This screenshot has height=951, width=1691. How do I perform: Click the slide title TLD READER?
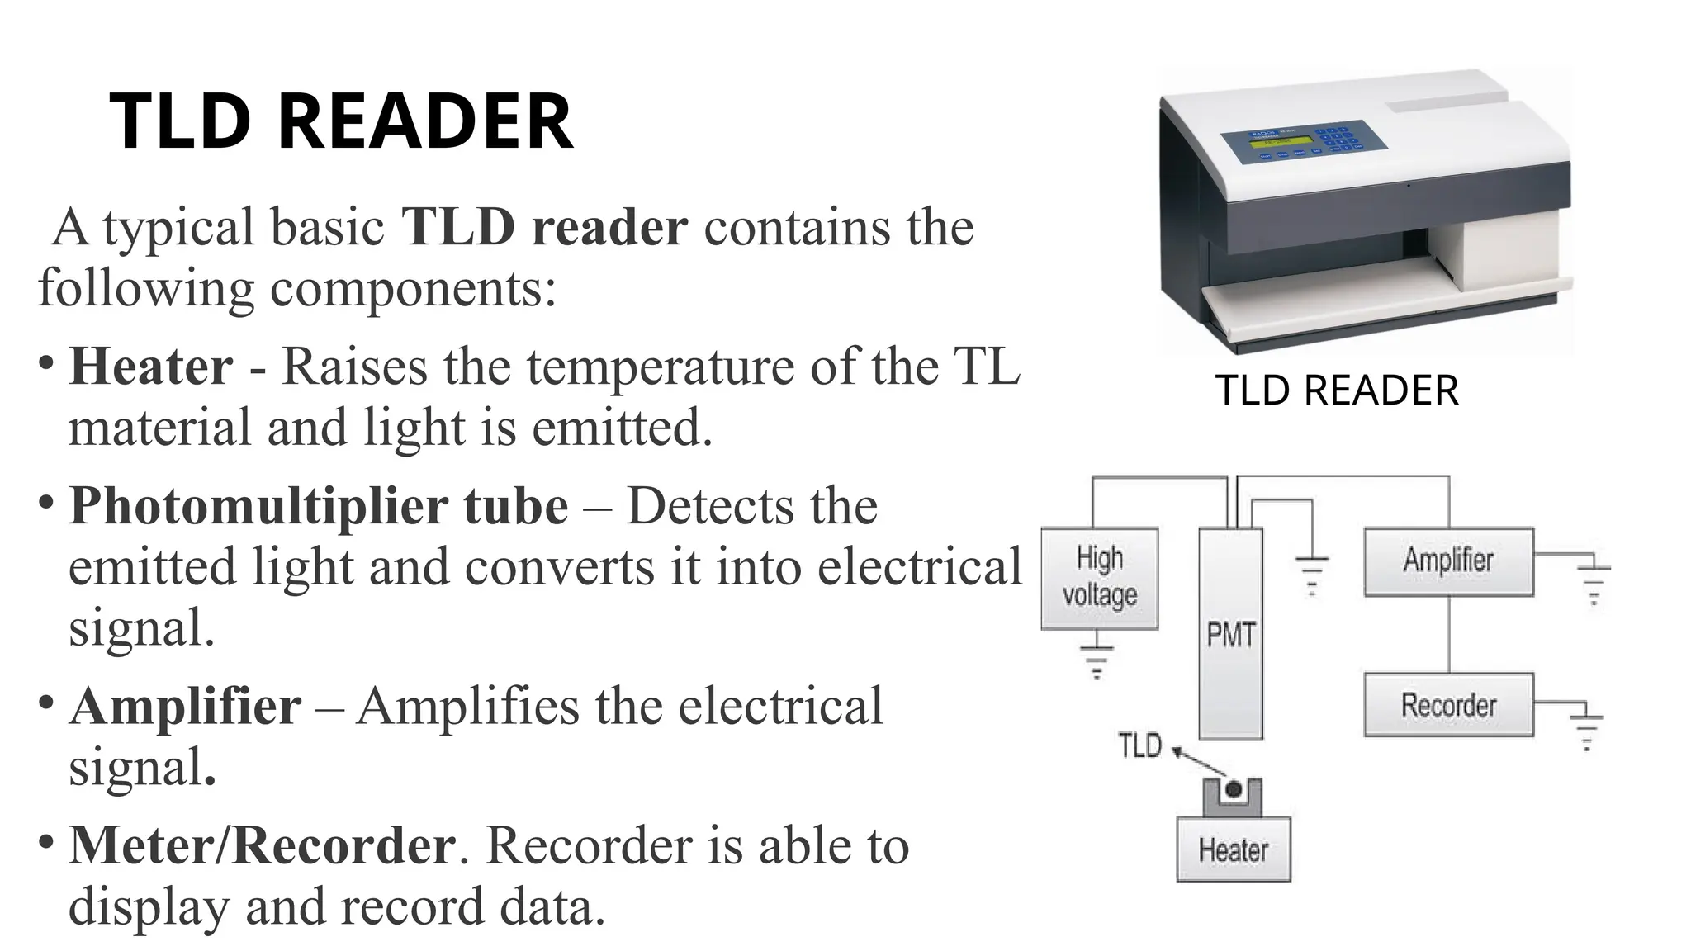(340, 122)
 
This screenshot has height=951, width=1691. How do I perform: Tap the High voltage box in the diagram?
(1099, 578)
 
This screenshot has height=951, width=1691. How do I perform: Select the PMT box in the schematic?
(1230, 634)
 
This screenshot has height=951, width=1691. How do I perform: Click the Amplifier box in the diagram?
(1448, 561)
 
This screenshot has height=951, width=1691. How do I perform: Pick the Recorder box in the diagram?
(1448, 705)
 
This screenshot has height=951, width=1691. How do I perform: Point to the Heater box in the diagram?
(1233, 850)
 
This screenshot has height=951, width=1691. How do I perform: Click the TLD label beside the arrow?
(1139, 745)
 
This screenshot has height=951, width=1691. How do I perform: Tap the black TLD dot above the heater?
(1234, 789)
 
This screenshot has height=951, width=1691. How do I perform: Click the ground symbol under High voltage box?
(1097, 659)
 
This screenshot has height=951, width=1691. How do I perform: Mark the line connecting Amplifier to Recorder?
(1449, 634)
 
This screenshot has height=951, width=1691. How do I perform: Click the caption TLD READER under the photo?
(1337, 390)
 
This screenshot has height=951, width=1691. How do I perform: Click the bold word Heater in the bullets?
(151, 367)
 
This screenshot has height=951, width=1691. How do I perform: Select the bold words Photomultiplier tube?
(319, 506)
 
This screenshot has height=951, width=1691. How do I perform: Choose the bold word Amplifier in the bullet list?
(186, 707)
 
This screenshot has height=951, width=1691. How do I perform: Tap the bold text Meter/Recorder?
(262, 845)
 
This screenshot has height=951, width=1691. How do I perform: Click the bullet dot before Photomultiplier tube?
(47, 501)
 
